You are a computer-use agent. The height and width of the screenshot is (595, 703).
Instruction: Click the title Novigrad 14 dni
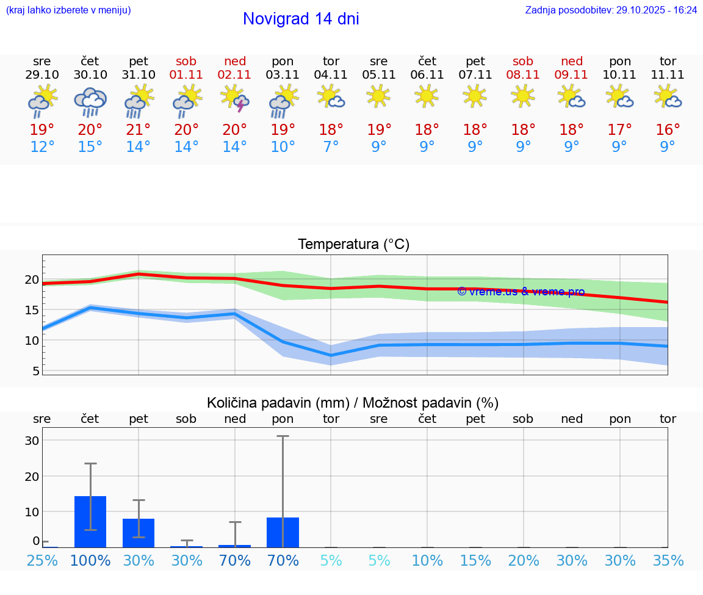pyautogui.click(x=301, y=19)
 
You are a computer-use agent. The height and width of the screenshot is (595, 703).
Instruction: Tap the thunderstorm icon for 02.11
pyautogui.click(x=235, y=99)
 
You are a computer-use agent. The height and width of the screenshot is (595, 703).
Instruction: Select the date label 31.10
pyautogui.click(x=139, y=75)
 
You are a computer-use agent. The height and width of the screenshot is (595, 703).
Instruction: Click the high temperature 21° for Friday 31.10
pyautogui.click(x=139, y=130)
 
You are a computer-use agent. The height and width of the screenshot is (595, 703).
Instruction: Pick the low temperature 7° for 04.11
pyautogui.click(x=331, y=147)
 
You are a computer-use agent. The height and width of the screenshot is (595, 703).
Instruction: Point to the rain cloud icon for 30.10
pyautogui.click(x=90, y=101)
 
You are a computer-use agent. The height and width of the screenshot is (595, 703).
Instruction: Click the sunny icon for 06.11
pyautogui.click(x=427, y=96)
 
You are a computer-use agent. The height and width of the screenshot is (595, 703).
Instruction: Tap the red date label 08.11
pyautogui.click(x=523, y=75)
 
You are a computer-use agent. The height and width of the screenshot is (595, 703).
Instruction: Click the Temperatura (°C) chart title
pyautogui.click(x=353, y=245)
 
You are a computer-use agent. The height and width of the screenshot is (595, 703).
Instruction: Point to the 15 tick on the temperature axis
pyautogui.click(x=32, y=310)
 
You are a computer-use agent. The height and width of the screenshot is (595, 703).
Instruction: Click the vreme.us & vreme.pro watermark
pyautogui.click(x=521, y=292)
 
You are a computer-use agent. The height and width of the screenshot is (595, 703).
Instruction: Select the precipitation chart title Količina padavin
pyautogui.click(x=353, y=403)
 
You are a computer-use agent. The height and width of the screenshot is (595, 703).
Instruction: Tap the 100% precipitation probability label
pyautogui.click(x=90, y=561)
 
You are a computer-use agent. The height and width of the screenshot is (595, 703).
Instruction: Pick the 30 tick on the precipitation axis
pyautogui.click(x=32, y=441)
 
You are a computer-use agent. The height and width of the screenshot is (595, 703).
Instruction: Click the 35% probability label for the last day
pyautogui.click(x=668, y=561)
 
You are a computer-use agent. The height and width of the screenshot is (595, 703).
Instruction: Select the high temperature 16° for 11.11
pyautogui.click(x=668, y=130)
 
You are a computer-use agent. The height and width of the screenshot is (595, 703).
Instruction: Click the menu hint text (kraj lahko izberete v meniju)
pyautogui.click(x=68, y=10)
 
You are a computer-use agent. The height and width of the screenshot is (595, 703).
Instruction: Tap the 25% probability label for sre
pyautogui.click(x=42, y=561)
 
